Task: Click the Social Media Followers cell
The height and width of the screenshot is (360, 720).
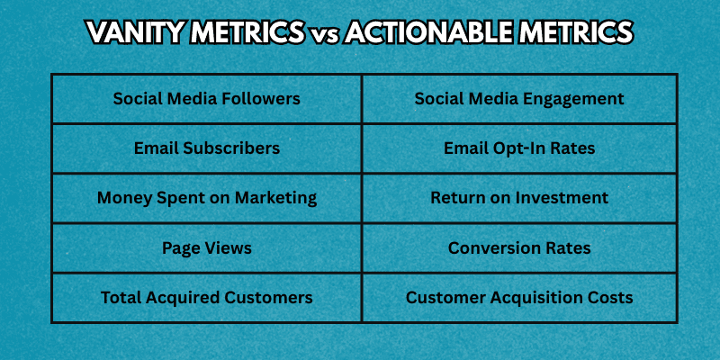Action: (207, 99)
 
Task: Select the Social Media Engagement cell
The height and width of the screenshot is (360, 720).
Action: (519, 99)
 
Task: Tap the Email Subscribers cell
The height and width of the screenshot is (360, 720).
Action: (207, 148)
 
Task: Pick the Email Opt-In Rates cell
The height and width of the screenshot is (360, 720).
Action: (519, 148)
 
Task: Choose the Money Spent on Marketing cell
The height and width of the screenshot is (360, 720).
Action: (207, 198)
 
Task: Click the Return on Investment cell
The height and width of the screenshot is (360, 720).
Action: (519, 198)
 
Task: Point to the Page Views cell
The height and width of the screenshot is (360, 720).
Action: (207, 247)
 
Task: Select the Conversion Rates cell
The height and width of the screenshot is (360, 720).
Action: (519, 247)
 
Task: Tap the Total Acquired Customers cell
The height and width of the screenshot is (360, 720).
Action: (207, 297)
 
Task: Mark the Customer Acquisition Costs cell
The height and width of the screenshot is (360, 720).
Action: (519, 297)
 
